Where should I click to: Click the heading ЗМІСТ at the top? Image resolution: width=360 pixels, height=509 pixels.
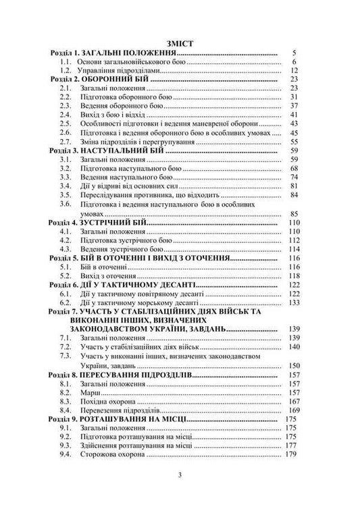180,41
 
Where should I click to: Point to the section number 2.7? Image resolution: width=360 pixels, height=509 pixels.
66,142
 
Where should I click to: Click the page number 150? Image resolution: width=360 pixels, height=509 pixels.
292,365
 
